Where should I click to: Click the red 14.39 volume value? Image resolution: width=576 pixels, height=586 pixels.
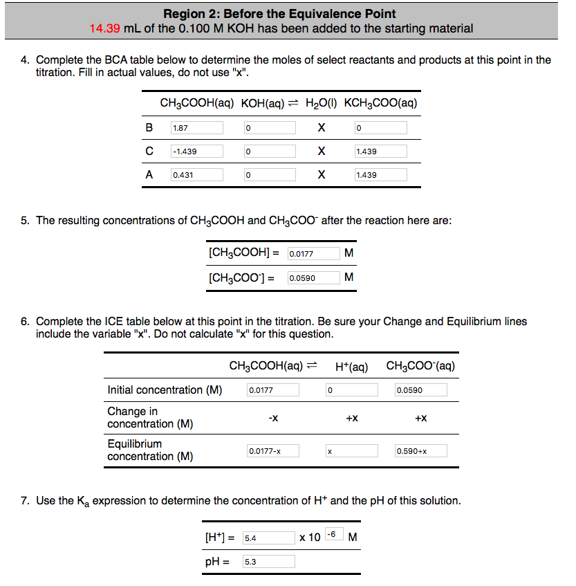[104, 28]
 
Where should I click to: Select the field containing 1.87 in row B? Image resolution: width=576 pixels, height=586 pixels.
[196, 128]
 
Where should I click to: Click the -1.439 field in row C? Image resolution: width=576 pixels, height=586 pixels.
[196, 152]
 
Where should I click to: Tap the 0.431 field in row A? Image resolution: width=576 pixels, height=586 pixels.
[196, 175]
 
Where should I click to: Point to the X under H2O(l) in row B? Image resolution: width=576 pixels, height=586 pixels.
[321, 128]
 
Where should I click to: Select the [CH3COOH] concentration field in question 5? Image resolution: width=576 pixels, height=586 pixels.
[313, 254]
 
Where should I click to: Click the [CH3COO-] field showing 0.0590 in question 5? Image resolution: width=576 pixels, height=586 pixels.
[313, 278]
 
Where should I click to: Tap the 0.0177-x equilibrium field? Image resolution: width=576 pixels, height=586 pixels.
[273, 451]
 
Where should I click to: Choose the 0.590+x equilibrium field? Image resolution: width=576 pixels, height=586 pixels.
[420, 451]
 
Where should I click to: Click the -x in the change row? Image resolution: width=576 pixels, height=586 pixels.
[273, 418]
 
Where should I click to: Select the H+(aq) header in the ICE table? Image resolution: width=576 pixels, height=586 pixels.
[351, 365]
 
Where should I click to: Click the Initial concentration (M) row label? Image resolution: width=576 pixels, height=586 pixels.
[165, 390]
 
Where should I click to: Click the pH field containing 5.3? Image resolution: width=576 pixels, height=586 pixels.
[268, 562]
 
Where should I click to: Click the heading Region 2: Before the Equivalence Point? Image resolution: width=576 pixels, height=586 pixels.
[279, 14]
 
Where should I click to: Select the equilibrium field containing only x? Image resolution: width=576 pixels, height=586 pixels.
[351, 451]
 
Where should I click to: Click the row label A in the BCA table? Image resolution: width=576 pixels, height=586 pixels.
[149, 175]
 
